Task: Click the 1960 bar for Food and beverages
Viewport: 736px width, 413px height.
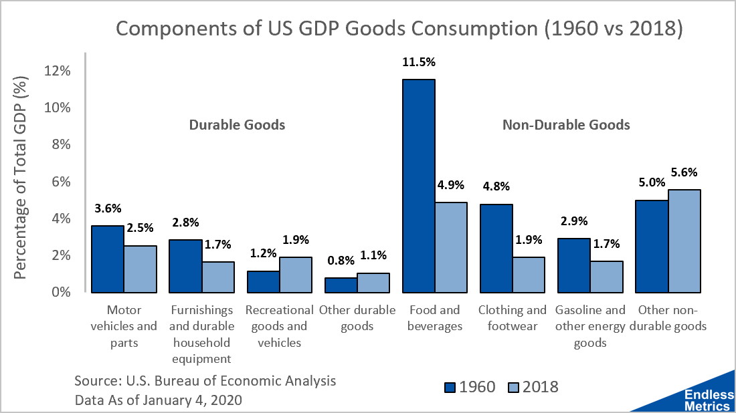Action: (418, 186)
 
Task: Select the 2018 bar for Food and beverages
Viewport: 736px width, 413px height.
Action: (451, 247)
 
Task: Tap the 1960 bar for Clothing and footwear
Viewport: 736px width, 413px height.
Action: (496, 248)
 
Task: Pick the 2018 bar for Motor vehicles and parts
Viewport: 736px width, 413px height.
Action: (140, 269)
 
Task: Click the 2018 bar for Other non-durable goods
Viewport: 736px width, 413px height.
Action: (684, 241)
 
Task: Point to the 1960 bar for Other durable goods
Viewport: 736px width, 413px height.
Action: (341, 285)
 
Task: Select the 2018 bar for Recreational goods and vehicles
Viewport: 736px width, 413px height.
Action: (295, 275)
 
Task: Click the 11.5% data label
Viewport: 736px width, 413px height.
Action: (419, 62)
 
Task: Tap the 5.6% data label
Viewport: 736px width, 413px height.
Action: (684, 172)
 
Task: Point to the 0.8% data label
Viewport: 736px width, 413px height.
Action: (340, 260)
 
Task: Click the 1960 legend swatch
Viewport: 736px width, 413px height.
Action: (450, 387)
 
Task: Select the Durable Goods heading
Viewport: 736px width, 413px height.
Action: (237, 125)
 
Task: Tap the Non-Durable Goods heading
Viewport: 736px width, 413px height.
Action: (566, 125)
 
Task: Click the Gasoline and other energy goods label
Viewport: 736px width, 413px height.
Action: (590, 326)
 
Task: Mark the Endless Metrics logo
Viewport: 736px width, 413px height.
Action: (709, 400)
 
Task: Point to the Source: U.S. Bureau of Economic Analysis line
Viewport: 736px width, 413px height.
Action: (205, 381)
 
